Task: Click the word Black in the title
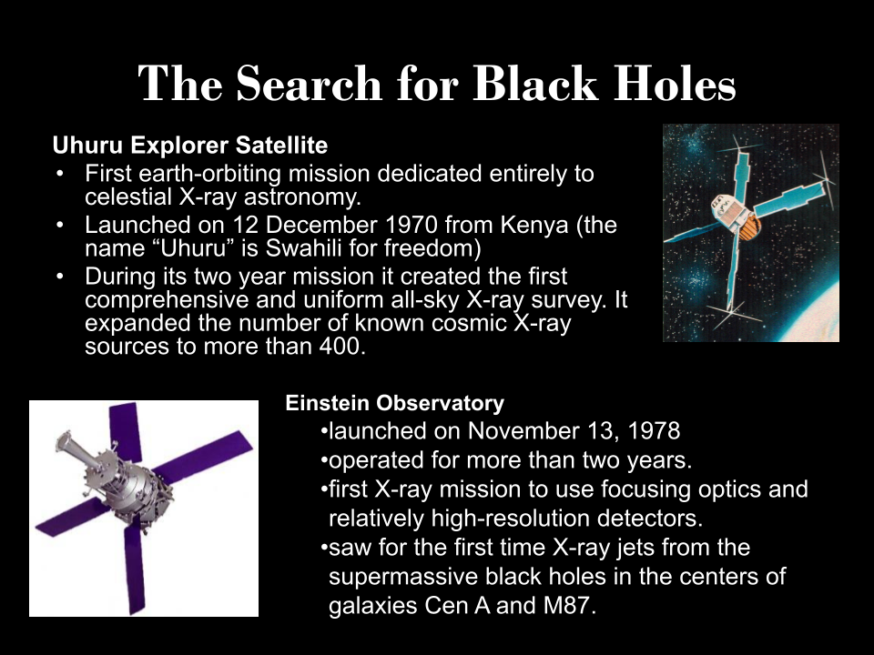coord(535,84)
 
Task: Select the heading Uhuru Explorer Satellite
coord(190,146)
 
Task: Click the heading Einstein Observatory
coord(394,403)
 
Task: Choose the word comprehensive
coord(167,300)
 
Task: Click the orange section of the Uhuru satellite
coord(749,227)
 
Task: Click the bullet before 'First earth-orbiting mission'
coord(60,174)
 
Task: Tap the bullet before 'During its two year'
coord(60,277)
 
